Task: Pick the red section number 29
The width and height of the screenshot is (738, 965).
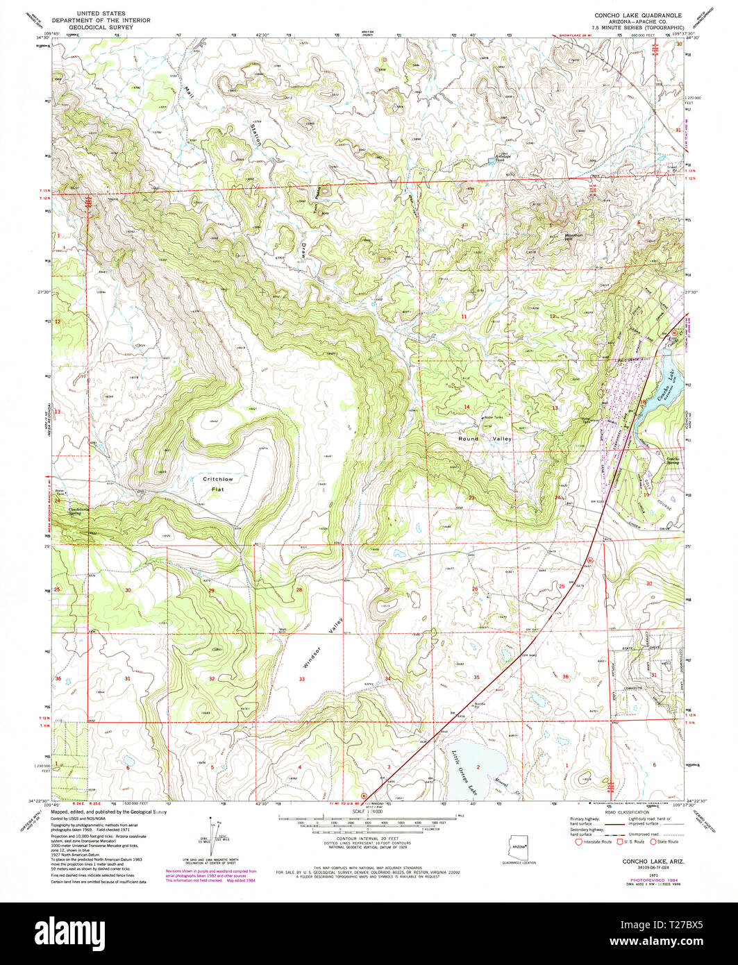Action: point(211,590)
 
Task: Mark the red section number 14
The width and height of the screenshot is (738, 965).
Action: point(467,407)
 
